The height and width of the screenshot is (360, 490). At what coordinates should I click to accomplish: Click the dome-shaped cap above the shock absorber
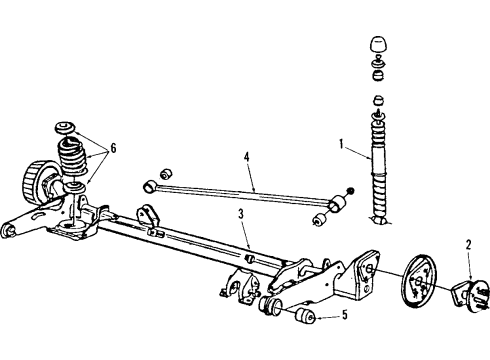(380, 46)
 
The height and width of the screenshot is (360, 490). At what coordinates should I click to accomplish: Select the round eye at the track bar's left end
(149, 184)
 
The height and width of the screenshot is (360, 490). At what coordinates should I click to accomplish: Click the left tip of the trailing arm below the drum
(8, 231)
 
